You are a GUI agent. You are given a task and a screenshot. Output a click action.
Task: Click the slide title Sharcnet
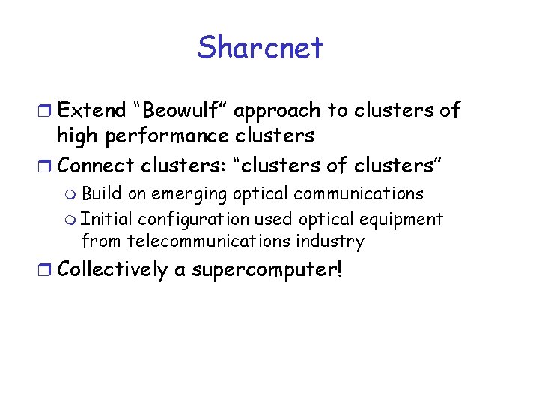pos(261,48)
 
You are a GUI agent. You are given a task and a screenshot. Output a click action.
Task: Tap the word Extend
pos(92,110)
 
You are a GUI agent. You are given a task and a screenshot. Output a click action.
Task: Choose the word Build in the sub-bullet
pos(102,193)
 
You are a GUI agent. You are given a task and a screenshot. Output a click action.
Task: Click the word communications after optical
pos(359,193)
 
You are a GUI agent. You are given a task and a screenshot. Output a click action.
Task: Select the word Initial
pos(106,219)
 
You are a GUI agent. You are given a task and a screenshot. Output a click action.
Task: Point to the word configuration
pos(194,220)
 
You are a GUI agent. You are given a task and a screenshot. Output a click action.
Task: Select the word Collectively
pos(112,269)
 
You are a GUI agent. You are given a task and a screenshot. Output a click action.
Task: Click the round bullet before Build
pos(71,195)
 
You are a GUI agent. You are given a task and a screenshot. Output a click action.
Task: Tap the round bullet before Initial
pos(71,220)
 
